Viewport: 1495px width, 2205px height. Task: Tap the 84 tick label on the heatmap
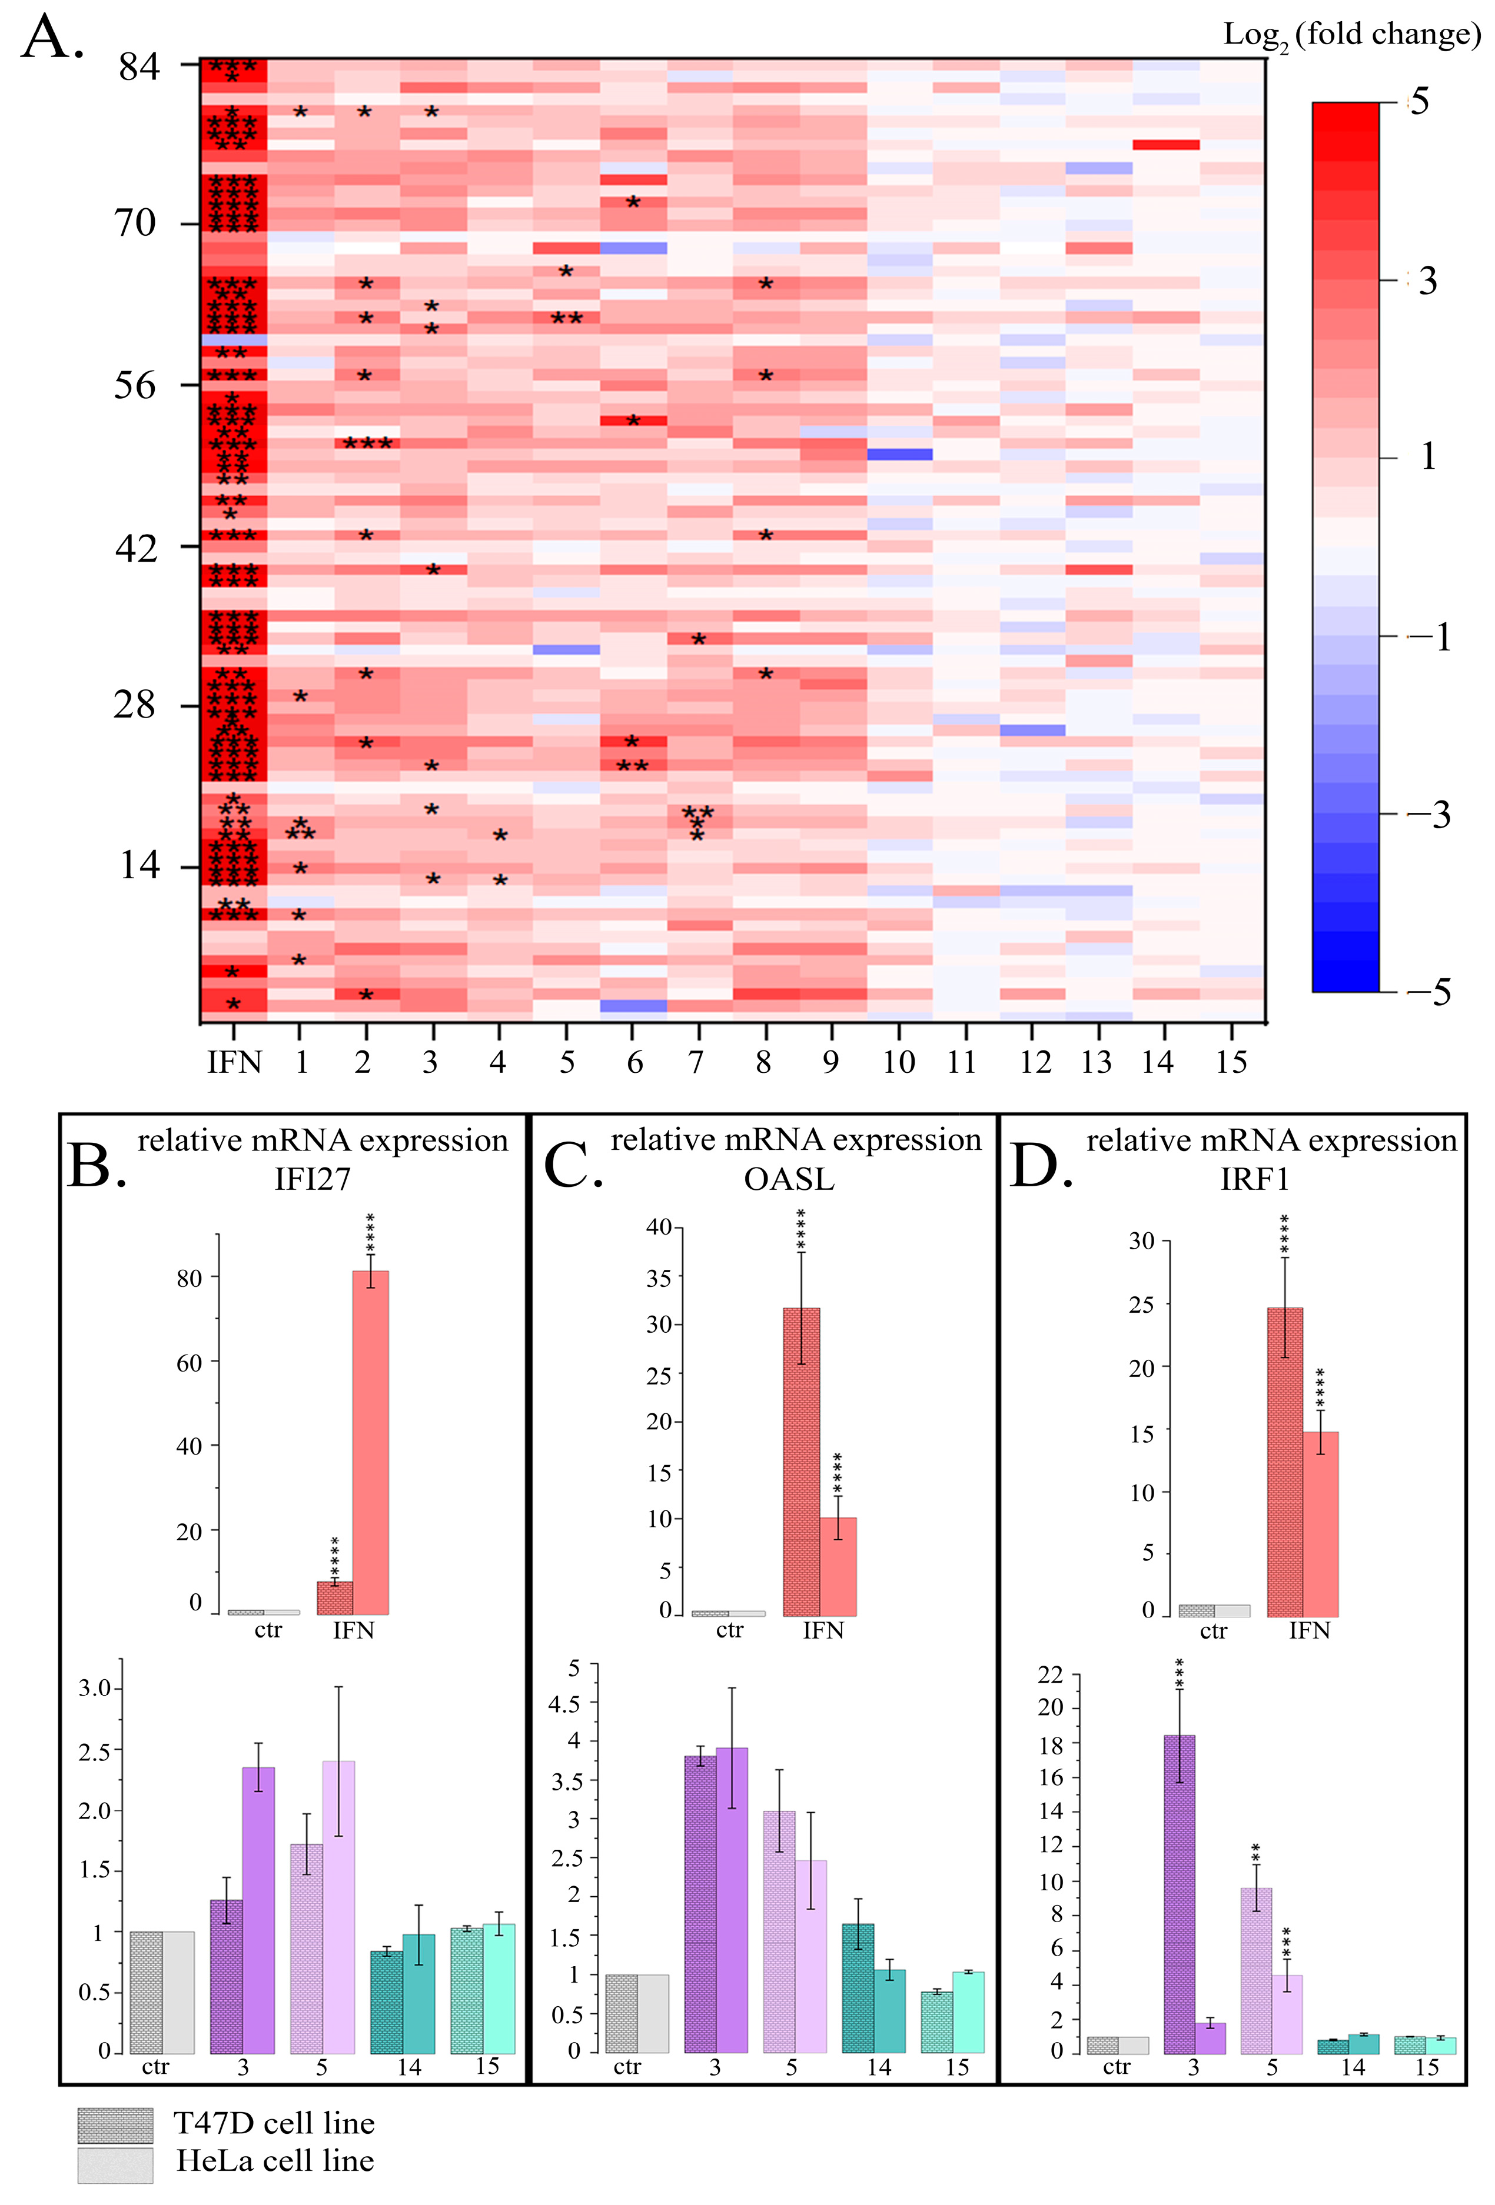tap(138, 66)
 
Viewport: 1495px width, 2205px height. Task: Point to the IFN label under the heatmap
tap(234, 1062)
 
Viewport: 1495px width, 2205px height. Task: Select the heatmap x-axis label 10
tap(898, 1062)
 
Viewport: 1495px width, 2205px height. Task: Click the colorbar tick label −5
tap(1431, 992)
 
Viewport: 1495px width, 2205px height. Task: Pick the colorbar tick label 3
tap(1427, 281)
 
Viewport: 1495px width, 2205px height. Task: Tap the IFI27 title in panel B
tap(313, 1179)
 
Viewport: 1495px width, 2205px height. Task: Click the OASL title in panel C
tap(789, 1179)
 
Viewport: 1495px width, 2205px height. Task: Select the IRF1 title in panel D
tap(1255, 1179)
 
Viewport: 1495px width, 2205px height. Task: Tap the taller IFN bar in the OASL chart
tap(801, 1461)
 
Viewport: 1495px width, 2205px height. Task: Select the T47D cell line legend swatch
tap(115, 2125)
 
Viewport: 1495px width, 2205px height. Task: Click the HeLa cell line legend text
tap(275, 2161)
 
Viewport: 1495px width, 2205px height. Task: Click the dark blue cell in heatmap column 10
tap(899, 455)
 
